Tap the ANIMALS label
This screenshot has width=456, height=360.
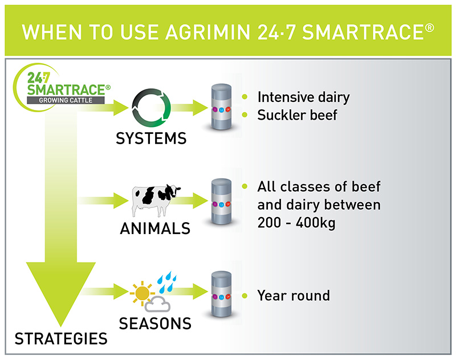[155, 230]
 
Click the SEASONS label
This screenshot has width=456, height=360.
[155, 324]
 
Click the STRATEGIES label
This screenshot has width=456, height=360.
[61, 339]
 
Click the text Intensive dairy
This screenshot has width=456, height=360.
[303, 96]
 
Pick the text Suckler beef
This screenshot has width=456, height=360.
[297, 115]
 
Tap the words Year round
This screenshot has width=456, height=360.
[294, 296]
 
